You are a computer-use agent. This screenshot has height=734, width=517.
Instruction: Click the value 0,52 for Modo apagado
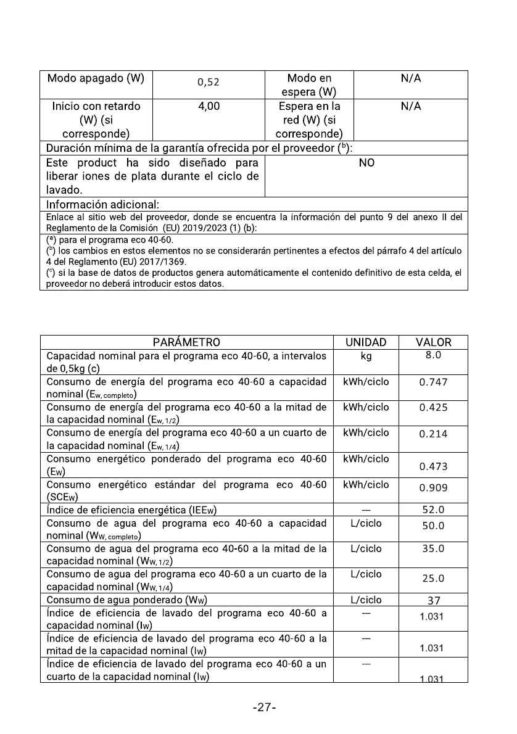(209, 82)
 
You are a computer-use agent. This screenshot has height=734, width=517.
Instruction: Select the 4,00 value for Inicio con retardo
(209, 106)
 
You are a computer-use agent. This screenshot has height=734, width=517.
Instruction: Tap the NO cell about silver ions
(366, 163)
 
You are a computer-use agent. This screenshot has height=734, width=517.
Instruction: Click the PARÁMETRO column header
(186, 342)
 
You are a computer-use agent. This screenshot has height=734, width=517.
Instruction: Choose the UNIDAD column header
(366, 342)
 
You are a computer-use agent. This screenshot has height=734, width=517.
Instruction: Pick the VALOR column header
(433, 342)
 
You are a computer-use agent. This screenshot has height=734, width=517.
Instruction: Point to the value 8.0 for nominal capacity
(432, 355)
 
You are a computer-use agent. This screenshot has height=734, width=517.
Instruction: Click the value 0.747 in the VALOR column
(433, 382)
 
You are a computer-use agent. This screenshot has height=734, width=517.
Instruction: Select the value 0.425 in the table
(433, 408)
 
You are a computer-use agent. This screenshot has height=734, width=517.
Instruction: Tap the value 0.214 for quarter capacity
(433, 434)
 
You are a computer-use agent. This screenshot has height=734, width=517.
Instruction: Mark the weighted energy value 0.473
(433, 467)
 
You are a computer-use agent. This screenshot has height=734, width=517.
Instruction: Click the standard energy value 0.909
(433, 488)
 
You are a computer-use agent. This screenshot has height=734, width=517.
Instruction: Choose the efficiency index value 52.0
(433, 510)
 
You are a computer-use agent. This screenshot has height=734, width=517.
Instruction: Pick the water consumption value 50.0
(433, 526)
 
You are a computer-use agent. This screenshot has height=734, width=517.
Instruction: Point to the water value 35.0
(433, 549)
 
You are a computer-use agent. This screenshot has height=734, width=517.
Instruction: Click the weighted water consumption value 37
(433, 601)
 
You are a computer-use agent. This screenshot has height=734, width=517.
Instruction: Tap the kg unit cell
(366, 356)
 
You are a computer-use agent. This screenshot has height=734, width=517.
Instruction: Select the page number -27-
(264, 707)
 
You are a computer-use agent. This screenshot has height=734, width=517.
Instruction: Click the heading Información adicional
(103, 204)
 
